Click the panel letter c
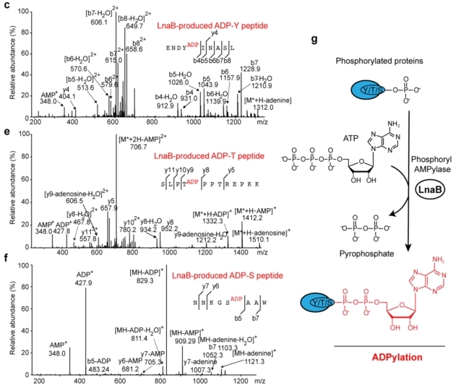pos(4,5)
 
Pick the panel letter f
pos(4,255)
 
